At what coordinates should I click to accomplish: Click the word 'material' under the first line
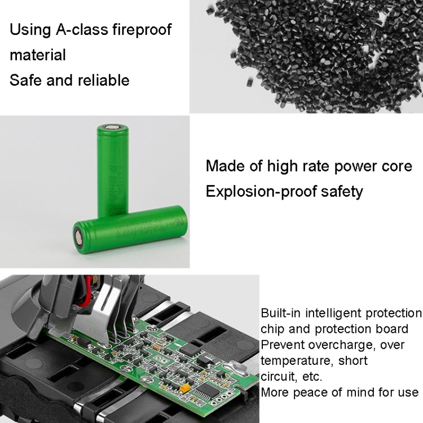[38, 55]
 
